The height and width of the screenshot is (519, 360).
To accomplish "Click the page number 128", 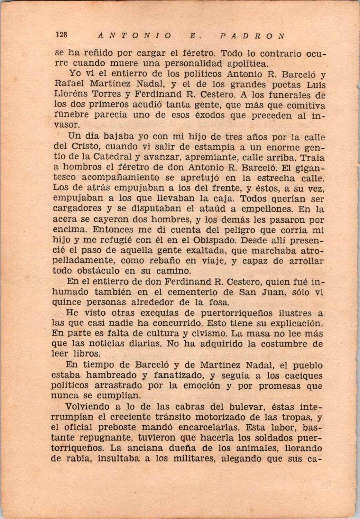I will [x=61, y=35].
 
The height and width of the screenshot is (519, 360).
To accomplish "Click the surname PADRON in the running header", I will [x=252, y=36].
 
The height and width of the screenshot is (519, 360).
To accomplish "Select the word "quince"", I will [x=67, y=302].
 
